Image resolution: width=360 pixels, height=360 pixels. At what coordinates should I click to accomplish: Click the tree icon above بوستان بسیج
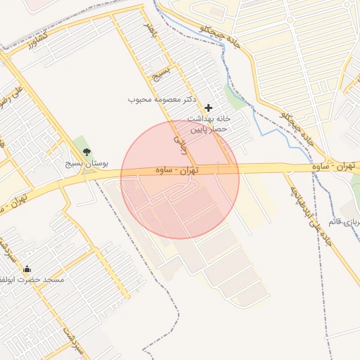(86, 152)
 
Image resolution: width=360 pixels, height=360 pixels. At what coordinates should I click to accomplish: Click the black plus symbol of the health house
(208, 108)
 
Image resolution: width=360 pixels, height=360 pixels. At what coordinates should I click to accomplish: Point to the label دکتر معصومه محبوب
(160, 99)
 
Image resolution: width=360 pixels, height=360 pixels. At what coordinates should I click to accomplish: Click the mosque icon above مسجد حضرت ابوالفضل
(27, 269)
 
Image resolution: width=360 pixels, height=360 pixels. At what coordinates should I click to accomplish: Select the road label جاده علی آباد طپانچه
(309, 209)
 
